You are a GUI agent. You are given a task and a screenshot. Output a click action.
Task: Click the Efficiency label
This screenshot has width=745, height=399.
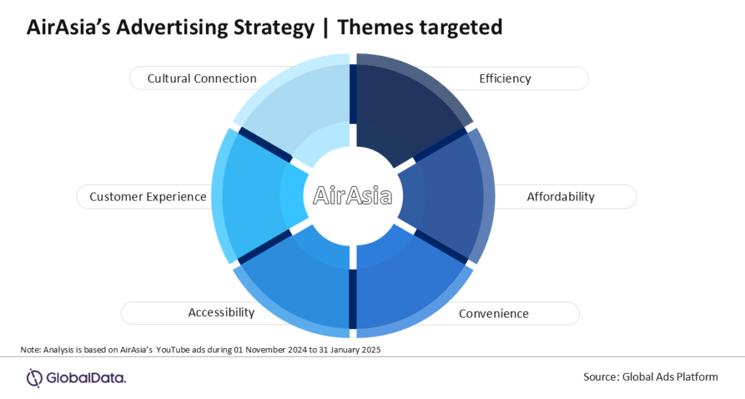(505, 78)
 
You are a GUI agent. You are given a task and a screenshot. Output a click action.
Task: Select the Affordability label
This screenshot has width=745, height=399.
(560, 196)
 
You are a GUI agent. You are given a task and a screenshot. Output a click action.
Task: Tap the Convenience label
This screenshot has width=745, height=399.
(493, 314)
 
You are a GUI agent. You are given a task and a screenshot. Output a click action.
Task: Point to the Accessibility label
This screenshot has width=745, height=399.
(221, 313)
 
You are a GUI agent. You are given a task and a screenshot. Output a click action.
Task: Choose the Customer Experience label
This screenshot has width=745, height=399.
(148, 196)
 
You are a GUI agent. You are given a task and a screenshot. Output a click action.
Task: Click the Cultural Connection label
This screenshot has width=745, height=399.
(202, 78)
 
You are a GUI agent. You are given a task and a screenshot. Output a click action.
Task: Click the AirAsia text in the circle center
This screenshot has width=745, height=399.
(353, 196)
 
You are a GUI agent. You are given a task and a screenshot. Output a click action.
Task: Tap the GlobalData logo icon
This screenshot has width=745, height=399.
(35, 377)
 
